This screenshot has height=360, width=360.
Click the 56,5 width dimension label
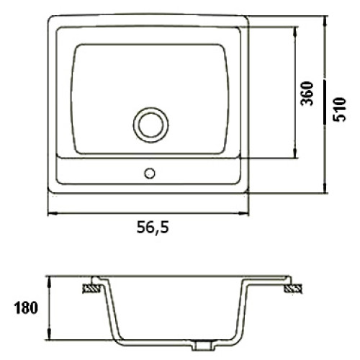coord(153,228)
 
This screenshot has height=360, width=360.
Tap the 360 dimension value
coord(307,94)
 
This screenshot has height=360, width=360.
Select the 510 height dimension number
coord(340,109)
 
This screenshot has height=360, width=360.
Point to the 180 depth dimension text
coord(26,307)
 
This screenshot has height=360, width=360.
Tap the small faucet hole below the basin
coord(150,174)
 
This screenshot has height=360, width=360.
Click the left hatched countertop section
coord(91,289)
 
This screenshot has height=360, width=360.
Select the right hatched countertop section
coord(293,289)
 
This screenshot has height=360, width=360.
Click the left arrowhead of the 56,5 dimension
coord(53,213)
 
